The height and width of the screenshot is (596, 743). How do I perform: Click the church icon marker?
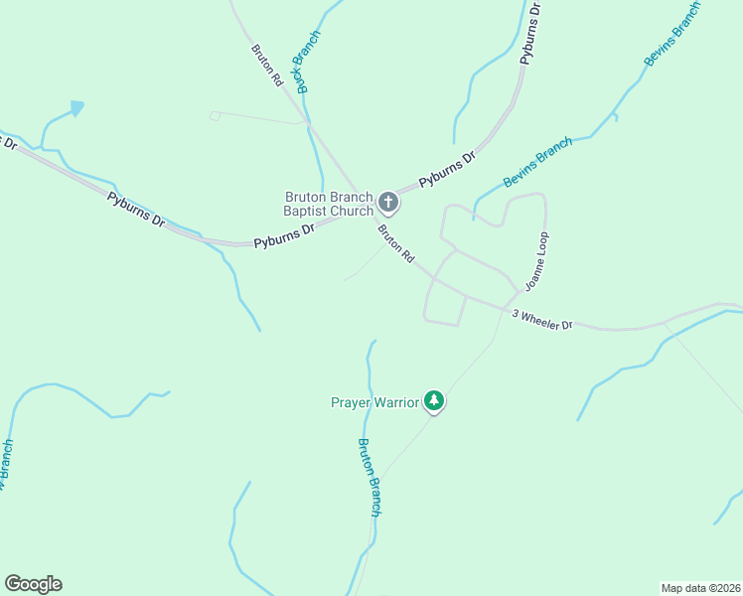coord(388,204)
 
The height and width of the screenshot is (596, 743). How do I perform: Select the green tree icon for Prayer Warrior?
coord(434,400)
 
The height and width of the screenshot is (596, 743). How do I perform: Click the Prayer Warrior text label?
coord(374,402)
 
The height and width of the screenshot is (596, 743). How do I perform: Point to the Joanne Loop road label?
coord(536,261)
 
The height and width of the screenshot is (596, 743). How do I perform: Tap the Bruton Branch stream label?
coord(370,477)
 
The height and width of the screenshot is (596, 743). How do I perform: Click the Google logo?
coord(33,584)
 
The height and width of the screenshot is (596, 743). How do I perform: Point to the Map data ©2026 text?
coord(701,587)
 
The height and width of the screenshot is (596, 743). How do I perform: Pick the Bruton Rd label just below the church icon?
coord(395,243)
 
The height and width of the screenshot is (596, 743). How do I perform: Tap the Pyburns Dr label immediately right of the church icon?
coord(447,169)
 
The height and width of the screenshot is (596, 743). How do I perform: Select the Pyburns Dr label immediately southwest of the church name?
coord(283,235)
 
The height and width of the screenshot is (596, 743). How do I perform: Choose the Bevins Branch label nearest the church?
coord(537,162)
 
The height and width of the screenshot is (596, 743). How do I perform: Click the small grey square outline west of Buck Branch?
coord(215,116)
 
